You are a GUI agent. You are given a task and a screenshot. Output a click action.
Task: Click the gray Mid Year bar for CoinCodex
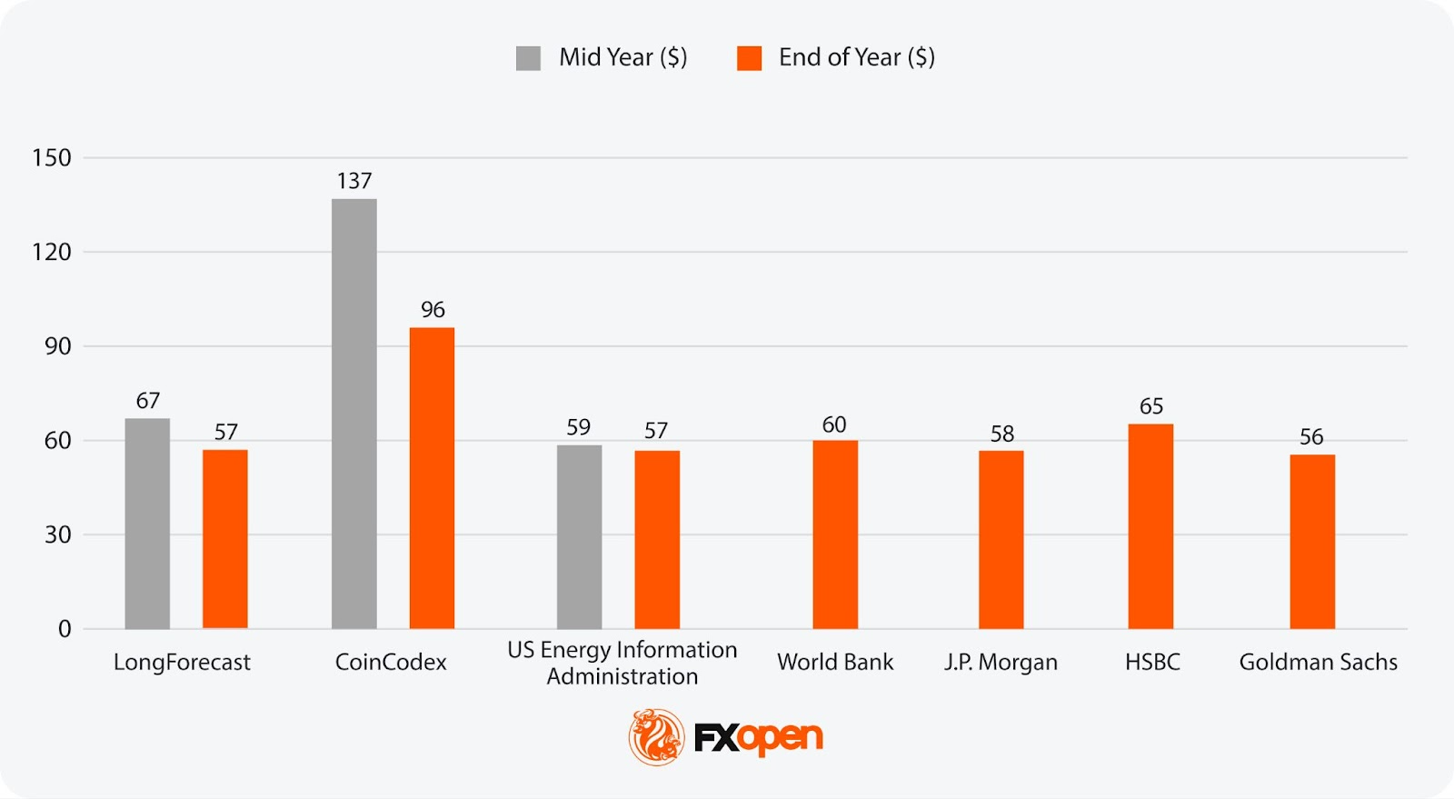[354, 414]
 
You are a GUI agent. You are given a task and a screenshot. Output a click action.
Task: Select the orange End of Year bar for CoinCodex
[432, 478]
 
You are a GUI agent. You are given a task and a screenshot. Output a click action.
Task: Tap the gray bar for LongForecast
[147, 524]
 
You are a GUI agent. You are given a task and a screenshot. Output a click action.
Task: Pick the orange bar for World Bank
[835, 534]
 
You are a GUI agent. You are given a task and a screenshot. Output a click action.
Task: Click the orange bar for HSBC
[1150, 526]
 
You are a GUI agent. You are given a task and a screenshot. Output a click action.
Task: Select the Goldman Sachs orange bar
[1312, 542]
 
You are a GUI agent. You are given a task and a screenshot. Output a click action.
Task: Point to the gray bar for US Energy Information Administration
[579, 536]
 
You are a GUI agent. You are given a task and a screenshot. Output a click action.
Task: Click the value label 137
[354, 181]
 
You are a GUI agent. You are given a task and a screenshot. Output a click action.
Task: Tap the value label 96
[433, 310]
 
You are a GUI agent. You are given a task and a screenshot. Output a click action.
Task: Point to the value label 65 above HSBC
[1151, 406]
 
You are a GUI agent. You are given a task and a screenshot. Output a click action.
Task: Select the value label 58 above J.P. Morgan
[1001, 434]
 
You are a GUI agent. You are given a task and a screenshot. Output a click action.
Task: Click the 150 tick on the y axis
[52, 158]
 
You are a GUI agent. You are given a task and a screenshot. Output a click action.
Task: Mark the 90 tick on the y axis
[57, 346]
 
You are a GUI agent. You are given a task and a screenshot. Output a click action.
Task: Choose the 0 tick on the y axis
[65, 629]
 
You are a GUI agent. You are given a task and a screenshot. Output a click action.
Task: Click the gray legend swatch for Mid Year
[528, 58]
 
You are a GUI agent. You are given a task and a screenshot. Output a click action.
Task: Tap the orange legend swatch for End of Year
[749, 58]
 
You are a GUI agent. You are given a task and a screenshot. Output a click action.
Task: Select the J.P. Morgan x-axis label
[1001, 663]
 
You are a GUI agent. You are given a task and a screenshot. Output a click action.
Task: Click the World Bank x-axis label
[835, 663]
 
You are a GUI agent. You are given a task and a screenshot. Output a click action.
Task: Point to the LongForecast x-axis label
[182, 663]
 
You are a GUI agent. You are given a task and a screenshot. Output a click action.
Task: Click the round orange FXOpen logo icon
[656, 736]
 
